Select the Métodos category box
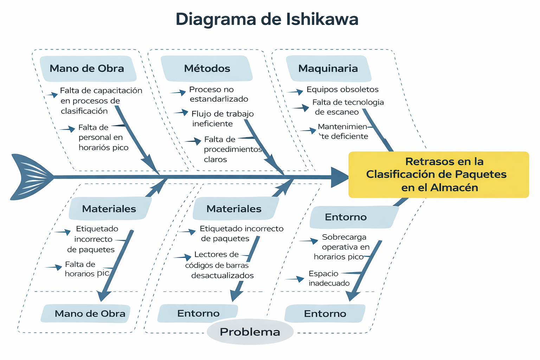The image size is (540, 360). coord(207,69)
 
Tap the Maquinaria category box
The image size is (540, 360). coord(328,69)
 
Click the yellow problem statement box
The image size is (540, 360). coord(438,174)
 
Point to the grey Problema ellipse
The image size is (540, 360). coord(250,332)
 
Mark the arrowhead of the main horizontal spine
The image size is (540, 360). coord(339,177)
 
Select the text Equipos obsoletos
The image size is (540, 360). coord(342,90)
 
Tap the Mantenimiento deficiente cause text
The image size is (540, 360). coord(343,131)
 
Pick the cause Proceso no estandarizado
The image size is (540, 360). coord(218,94)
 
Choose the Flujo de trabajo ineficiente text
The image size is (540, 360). coord(222,118)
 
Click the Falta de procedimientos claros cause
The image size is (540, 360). coord(232,149)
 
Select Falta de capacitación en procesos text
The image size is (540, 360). coord(101,101)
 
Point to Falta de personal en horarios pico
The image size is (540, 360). coord(103,137)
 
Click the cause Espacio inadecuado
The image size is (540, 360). coord(329,278)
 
